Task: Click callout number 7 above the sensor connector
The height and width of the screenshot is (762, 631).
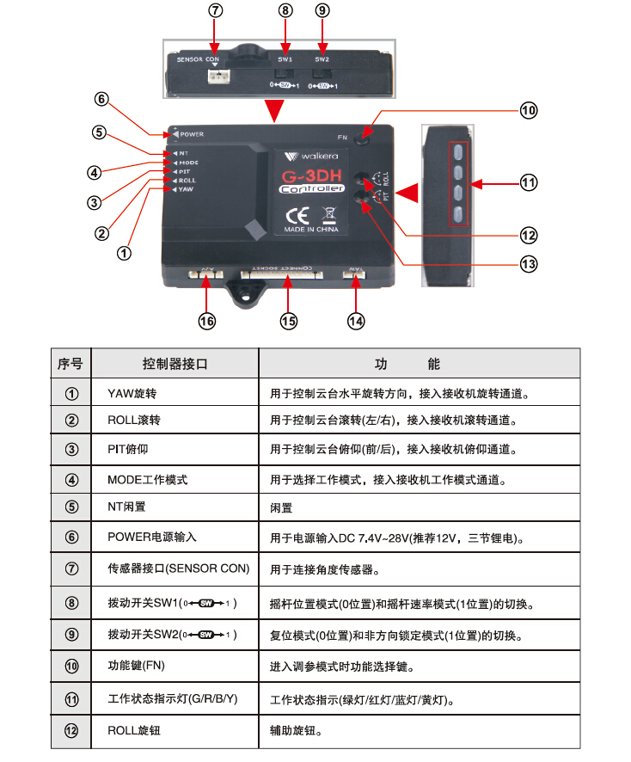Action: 216,11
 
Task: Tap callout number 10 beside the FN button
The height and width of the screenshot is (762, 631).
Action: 527,110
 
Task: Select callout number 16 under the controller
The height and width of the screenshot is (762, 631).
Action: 206,321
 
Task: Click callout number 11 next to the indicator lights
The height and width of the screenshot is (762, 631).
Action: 528,182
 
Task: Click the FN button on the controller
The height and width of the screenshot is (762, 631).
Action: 366,133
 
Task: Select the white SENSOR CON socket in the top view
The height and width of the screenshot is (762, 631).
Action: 217,77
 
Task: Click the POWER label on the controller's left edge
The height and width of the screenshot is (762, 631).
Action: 192,134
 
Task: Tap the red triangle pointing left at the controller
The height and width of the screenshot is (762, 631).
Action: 407,193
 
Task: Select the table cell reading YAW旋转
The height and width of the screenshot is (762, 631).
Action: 133,393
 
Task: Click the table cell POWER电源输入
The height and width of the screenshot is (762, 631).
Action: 152,537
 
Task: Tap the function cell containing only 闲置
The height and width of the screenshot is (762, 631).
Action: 281,508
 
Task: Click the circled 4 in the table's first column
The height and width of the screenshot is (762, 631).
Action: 72,479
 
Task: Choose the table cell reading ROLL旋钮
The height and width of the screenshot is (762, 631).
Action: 134,730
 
